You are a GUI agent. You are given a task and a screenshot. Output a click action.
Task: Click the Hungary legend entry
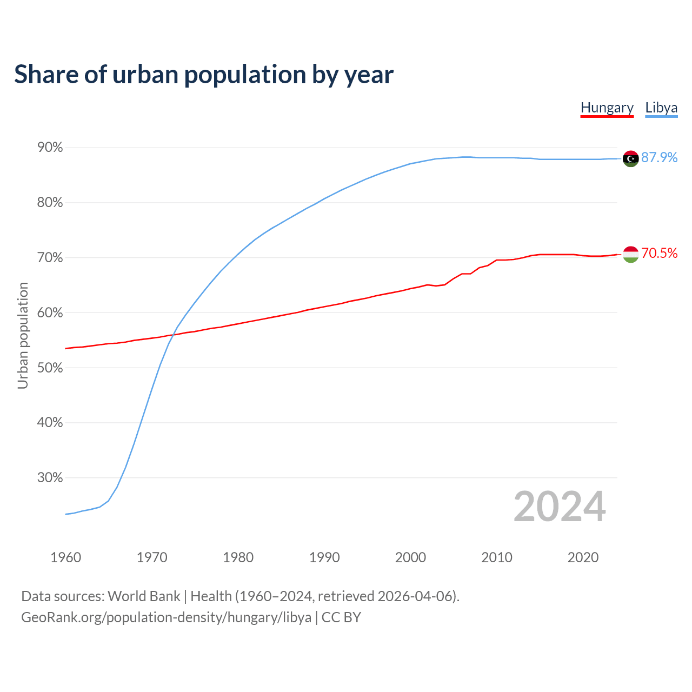coord(607,108)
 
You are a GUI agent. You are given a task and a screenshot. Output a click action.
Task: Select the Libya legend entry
coord(661,108)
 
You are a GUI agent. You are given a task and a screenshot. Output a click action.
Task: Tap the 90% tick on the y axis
coord(50,148)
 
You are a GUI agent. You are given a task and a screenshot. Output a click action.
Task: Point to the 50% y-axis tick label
coord(50,368)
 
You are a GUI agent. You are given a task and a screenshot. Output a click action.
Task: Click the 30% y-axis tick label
coord(50,478)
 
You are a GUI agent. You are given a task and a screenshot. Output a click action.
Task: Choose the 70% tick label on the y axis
coord(50,258)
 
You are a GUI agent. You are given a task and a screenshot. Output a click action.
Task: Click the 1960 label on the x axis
coord(65,557)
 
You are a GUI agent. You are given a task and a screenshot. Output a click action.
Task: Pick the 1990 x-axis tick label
coord(324,557)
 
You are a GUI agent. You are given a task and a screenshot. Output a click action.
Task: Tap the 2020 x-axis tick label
coord(583,557)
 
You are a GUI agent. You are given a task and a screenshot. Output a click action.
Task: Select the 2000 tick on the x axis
coord(410,557)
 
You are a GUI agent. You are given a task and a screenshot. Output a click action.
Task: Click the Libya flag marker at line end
coord(630,158)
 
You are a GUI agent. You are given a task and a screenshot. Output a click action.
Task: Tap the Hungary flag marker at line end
coord(630,254)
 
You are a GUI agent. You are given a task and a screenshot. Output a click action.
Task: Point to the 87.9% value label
coord(660,157)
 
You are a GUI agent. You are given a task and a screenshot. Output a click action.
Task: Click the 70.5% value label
coord(660,253)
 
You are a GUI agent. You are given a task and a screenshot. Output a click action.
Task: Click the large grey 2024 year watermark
coord(560,507)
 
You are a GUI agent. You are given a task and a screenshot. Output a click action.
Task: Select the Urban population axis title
coord(23,335)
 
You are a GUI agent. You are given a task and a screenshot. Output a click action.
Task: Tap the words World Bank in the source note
coord(144,596)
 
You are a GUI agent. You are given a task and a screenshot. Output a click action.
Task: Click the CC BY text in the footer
coord(341,617)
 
